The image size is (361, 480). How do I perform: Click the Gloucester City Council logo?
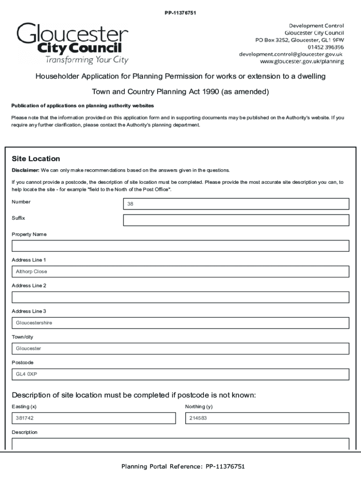(73, 44)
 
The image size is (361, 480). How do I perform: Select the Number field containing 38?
(236, 204)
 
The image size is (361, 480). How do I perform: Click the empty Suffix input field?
(236, 220)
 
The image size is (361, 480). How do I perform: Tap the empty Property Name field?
(180, 246)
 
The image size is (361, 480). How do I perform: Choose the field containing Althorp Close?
(180, 272)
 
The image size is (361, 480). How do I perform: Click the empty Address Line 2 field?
(180, 297)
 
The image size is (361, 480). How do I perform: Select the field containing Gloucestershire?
(180, 323)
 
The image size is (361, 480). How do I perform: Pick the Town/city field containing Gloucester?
(180, 349)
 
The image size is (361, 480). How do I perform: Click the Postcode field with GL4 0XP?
(180, 375)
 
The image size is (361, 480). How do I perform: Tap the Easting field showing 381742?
(94, 418)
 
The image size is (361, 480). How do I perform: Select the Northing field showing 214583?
(267, 418)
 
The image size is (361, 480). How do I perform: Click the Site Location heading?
(36, 159)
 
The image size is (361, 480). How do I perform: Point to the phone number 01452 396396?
(325, 47)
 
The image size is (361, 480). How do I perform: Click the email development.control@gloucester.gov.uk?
(291, 54)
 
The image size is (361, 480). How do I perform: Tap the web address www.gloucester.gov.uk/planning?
(302, 61)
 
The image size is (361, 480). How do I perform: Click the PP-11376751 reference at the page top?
(180, 13)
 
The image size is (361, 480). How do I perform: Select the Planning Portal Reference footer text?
(183, 466)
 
